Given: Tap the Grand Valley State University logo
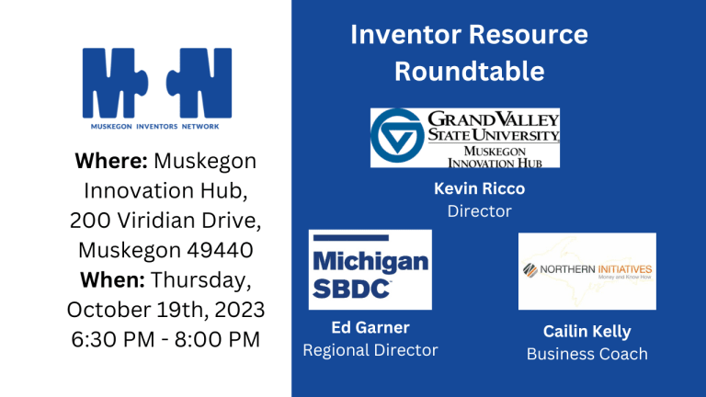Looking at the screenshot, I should [464, 138].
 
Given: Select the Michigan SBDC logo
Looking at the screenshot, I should [370, 269].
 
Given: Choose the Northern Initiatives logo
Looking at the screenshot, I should [586, 270].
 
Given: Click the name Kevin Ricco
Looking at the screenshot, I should [479, 188].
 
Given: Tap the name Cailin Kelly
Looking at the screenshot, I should [586, 330].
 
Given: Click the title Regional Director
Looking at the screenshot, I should [370, 349].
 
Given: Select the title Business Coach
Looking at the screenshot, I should [586, 353].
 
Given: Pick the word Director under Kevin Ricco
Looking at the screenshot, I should [479, 211].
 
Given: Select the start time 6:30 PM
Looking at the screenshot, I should [110, 338].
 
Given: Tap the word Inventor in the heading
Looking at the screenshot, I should [404, 35].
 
